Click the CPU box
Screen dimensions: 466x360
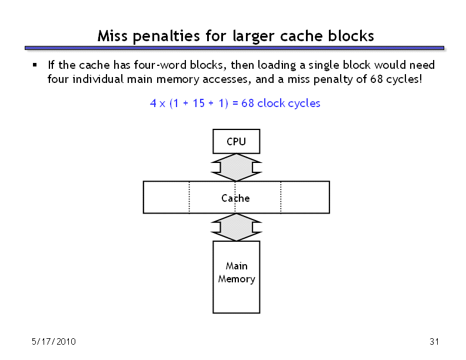click(237, 141)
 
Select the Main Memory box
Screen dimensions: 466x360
click(237, 277)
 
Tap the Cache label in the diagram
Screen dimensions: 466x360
click(235, 198)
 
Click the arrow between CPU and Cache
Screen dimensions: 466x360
click(237, 167)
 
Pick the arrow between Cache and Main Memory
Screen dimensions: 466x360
click(237, 227)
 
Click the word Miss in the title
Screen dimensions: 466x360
click(112, 36)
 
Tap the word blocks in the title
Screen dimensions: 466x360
click(351, 36)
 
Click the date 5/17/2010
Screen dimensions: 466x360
click(54, 342)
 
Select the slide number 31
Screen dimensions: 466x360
click(434, 342)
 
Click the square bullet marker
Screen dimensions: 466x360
click(35, 65)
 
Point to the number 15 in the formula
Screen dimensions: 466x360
click(198, 103)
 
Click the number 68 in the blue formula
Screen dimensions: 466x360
click(248, 103)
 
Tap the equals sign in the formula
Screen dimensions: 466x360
click(235, 104)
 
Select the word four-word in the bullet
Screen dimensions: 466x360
click(160, 65)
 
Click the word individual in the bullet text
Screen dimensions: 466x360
click(98, 79)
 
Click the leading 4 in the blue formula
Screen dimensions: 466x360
click(153, 103)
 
